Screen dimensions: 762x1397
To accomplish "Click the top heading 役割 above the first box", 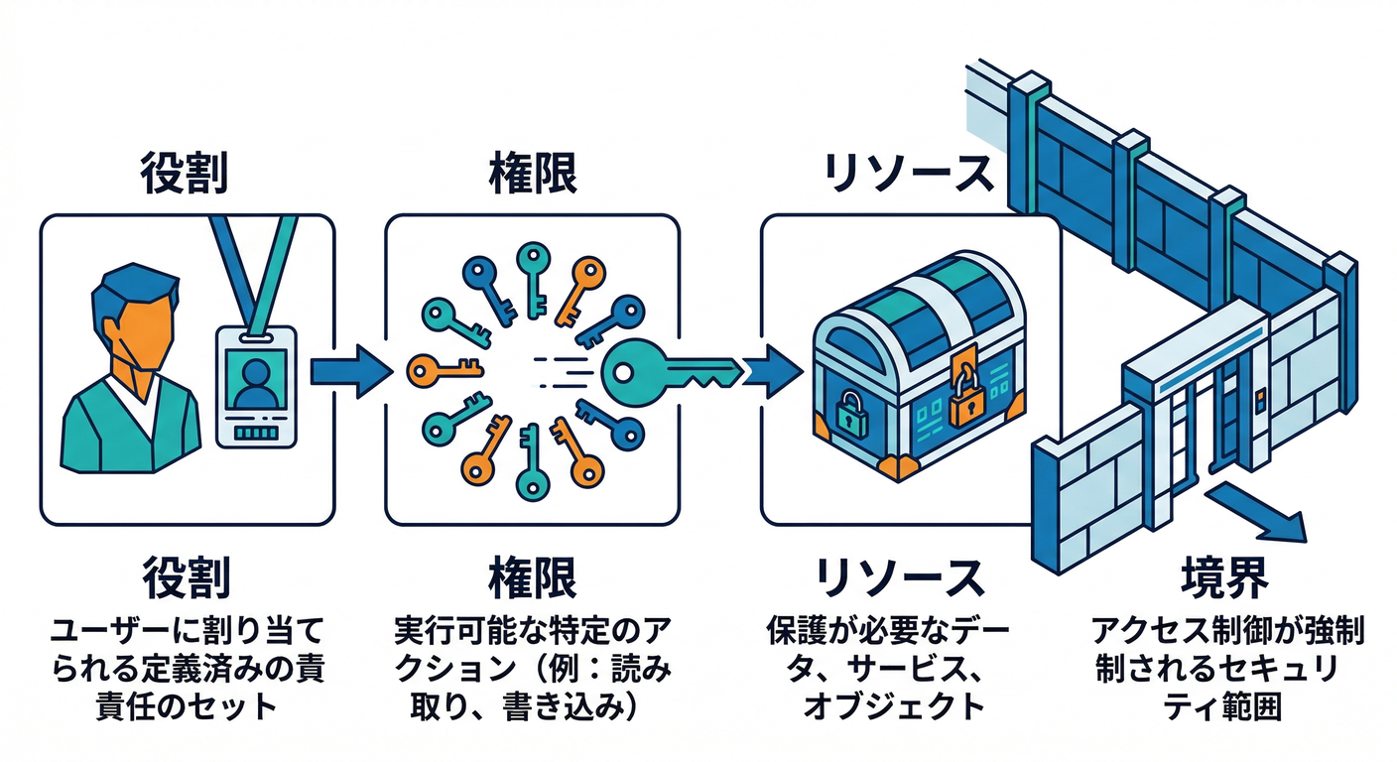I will click(186, 175).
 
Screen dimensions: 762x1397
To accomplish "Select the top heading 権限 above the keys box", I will click(534, 175).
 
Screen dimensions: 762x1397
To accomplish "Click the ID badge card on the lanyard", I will click(256, 385).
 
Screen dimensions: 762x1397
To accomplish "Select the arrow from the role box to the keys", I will click(345, 372).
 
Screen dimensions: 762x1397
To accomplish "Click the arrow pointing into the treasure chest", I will click(772, 371).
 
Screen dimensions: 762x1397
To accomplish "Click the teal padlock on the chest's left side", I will click(850, 412).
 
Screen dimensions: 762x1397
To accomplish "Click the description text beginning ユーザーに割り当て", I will click(186, 629).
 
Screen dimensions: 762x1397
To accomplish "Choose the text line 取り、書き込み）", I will click(534, 706).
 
